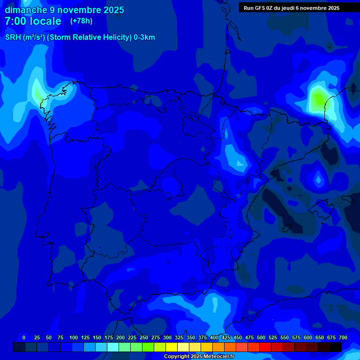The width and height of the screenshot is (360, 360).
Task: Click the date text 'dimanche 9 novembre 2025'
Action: [x=64, y=10]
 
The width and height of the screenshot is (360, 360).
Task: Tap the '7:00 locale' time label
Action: [x=33, y=21]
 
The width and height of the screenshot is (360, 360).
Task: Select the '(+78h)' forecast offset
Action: [x=81, y=21]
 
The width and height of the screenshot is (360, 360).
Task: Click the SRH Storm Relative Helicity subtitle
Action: [x=80, y=37]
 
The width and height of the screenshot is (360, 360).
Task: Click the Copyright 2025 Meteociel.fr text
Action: [x=199, y=357]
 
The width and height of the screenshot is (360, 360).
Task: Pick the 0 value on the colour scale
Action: [x=24, y=337]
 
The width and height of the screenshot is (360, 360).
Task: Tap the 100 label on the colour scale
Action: [x=73, y=337]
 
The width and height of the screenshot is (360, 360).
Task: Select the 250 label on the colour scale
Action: [x=143, y=337]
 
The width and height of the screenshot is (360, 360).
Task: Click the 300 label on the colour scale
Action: [x=167, y=337]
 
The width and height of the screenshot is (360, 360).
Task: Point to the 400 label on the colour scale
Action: [x=214, y=337]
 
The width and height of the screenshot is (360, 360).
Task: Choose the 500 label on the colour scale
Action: [x=261, y=337]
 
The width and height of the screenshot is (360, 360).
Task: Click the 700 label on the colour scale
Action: [x=343, y=337]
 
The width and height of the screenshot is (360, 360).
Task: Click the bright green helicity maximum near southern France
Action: [x=319, y=98]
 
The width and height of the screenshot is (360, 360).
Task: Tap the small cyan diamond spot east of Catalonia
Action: [x=319, y=179]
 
